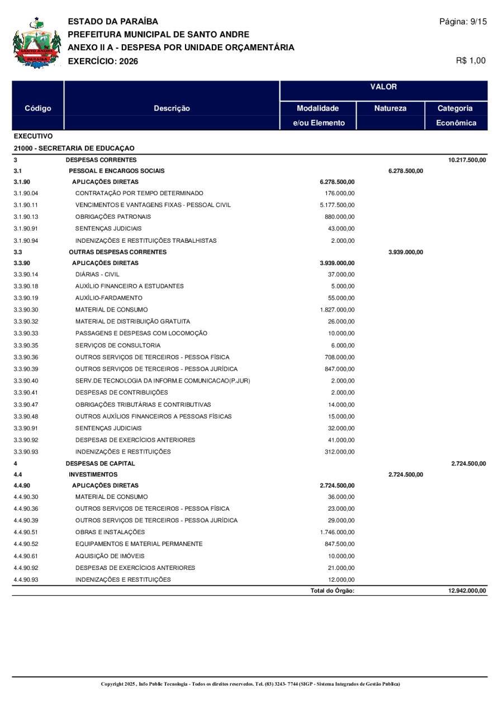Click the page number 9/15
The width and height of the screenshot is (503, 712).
[x=463, y=22]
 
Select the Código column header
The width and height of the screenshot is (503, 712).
[x=38, y=109]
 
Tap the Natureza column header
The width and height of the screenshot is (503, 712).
[x=390, y=109]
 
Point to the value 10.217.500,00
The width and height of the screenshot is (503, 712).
[x=467, y=160]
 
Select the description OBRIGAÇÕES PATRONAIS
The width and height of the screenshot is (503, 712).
[x=113, y=216]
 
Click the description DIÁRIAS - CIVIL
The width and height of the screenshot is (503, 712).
[x=97, y=274]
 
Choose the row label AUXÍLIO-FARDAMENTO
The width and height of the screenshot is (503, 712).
[x=109, y=298]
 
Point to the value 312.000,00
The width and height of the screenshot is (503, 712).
[x=339, y=452]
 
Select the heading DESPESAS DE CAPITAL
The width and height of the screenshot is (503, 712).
[x=100, y=464]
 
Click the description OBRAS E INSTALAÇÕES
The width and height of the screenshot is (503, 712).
[x=110, y=532]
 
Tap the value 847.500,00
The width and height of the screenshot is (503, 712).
[x=339, y=544]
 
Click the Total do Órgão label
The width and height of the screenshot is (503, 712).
[x=332, y=591]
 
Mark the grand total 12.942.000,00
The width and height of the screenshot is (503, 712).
[x=467, y=591]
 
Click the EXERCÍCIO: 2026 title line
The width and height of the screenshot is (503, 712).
[x=103, y=60]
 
